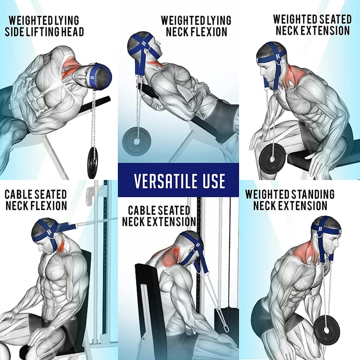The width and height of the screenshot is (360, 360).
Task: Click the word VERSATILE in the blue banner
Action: click(x=166, y=181)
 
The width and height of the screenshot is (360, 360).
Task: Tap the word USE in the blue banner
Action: click(x=214, y=181)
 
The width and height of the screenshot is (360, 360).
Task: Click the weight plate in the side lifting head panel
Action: click(x=92, y=162)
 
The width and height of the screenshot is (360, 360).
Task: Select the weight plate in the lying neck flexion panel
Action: click(x=136, y=141)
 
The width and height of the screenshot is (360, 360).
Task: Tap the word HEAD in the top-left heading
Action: click(x=72, y=31)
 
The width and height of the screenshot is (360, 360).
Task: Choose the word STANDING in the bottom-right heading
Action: click(x=313, y=194)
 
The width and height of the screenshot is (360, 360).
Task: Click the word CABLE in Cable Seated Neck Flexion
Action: click(x=18, y=194)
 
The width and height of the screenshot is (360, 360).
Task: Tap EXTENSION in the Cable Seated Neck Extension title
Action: click(x=171, y=221)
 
